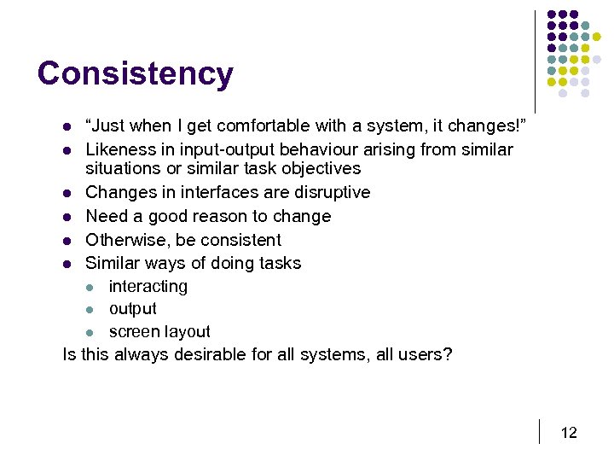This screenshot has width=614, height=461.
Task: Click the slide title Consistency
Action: point(135,73)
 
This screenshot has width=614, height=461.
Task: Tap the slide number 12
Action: point(569,433)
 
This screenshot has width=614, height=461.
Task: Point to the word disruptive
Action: point(328,192)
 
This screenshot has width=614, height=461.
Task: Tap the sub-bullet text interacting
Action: point(148,286)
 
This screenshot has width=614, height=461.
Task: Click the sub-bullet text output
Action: point(132,309)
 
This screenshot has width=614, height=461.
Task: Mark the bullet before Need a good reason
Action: point(67,217)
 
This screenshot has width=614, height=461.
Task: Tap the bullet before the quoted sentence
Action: point(67,127)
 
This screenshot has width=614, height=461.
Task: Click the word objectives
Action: point(320,168)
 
